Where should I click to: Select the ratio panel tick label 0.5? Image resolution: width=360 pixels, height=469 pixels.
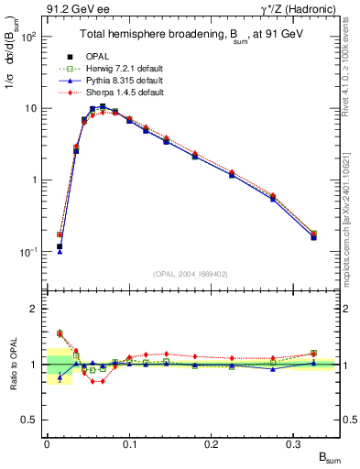point(30,420)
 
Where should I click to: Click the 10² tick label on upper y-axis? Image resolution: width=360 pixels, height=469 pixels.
point(29,37)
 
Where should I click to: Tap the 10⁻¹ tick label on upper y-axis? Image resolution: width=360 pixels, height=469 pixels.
point(29,251)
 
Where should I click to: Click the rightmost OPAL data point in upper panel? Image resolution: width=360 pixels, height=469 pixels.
point(314,236)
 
